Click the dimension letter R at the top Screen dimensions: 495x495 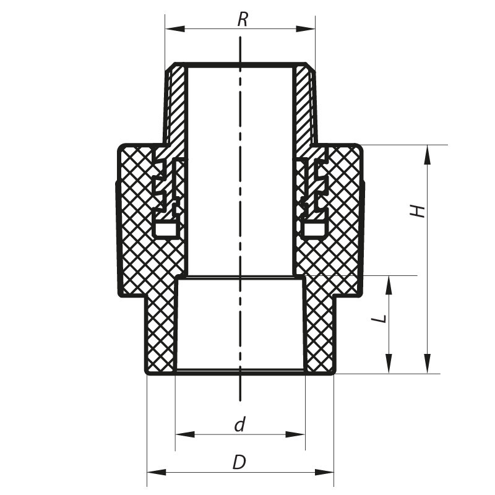pos(243,19)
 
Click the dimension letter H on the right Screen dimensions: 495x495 pos(420,210)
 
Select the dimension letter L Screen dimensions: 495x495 pos(382,318)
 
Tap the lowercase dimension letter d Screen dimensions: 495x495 pos(240,424)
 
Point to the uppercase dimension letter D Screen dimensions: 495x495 pos(239,462)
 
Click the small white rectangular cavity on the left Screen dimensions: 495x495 pos(165,230)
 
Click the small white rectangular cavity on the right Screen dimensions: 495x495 pos(314,230)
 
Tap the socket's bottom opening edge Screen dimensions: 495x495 pos(240,371)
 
